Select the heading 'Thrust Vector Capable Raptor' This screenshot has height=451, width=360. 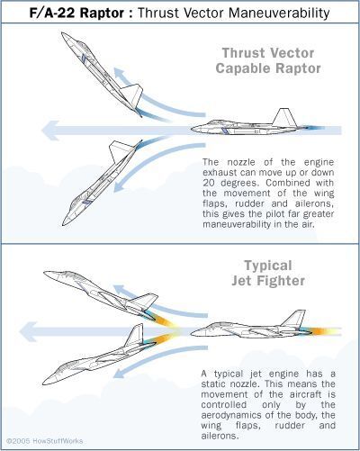click(x=268, y=60)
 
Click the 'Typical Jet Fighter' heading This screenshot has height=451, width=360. click(x=268, y=273)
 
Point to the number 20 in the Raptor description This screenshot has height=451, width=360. click(x=209, y=183)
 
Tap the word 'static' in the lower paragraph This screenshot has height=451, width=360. click(x=213, y=383)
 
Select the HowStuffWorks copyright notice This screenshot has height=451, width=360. click(x=45, y=441)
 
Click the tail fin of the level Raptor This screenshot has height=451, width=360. click(x=283, y=117)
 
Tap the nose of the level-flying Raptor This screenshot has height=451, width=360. click(x=193, y=130)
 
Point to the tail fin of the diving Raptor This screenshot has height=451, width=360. click(x=120, y=151)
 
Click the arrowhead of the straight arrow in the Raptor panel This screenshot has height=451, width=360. click(x=49, y=131)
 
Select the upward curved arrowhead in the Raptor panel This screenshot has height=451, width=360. click(x=119, y=73)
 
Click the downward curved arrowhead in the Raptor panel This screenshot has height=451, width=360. click(x=119, y=187)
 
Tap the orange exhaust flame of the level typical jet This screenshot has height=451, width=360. click(x=323, y=331)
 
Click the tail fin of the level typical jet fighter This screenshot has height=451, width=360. click(x=294, y=319)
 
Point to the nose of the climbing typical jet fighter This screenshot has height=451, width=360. click(x=46, y=273)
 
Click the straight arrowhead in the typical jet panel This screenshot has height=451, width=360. click(x=28, y=331)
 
